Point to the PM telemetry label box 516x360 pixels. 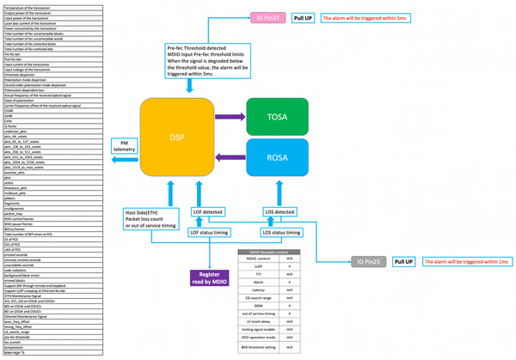(x=126, y=147)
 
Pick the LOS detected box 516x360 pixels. (x=278, y=212)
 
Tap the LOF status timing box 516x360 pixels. (x=209, y=232)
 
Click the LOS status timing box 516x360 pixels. (x=281, y=232)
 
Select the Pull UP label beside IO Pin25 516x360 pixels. (x=404, y=261)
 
